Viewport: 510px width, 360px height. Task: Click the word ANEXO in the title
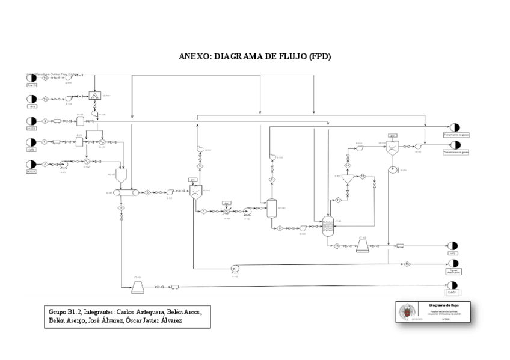click(x=193, y=57)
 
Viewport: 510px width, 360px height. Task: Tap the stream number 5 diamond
click(x=147, y=192)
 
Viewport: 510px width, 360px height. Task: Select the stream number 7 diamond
click(x=204, y=211)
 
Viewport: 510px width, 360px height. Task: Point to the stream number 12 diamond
click(x=363, y=176)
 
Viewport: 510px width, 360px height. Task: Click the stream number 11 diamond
click(x=338, y=199)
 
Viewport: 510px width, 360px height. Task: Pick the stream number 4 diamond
click(x=121, y=207)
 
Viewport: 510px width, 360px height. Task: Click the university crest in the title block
click(x=407, y=311)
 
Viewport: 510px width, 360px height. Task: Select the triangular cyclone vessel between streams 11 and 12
click(x=347, y=178)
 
